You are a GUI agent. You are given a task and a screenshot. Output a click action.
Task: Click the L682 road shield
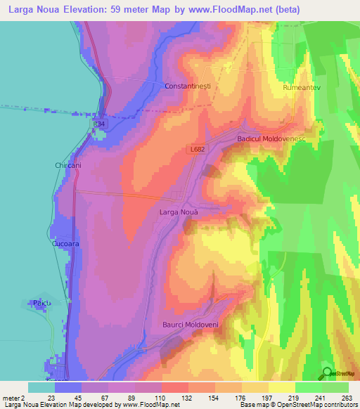click(198, 150)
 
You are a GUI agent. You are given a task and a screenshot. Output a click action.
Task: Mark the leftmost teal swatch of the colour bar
click(41, 387)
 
